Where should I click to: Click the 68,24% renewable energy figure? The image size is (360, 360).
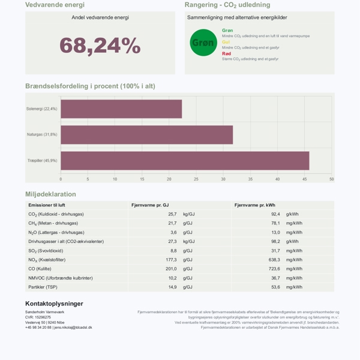100,46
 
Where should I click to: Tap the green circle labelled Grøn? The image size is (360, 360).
203,43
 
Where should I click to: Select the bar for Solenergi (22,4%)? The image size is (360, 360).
121,109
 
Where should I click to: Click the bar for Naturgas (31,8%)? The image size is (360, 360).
146,134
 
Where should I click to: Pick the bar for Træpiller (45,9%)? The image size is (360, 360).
185,160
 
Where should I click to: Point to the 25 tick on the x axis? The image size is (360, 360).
196,179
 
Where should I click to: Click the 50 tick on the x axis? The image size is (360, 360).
331,179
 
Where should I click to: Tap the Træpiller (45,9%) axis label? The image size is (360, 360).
42,160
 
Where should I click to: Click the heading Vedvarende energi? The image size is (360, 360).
55,5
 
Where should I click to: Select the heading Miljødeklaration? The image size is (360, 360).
50,194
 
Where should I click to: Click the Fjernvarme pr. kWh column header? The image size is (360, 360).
254,205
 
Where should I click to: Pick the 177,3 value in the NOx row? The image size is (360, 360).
171,260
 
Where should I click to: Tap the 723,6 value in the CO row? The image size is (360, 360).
274,269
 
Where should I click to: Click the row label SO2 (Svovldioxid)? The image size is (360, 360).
46,251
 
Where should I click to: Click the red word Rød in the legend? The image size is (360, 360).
226,53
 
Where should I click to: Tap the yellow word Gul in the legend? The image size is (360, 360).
226,42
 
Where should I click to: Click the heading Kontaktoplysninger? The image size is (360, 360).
54,304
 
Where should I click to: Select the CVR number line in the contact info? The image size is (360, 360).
38,317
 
